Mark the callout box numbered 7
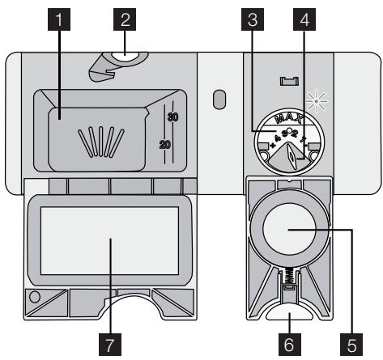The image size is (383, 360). [x=108, y=343]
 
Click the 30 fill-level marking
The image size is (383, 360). [x=172, y=117]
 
